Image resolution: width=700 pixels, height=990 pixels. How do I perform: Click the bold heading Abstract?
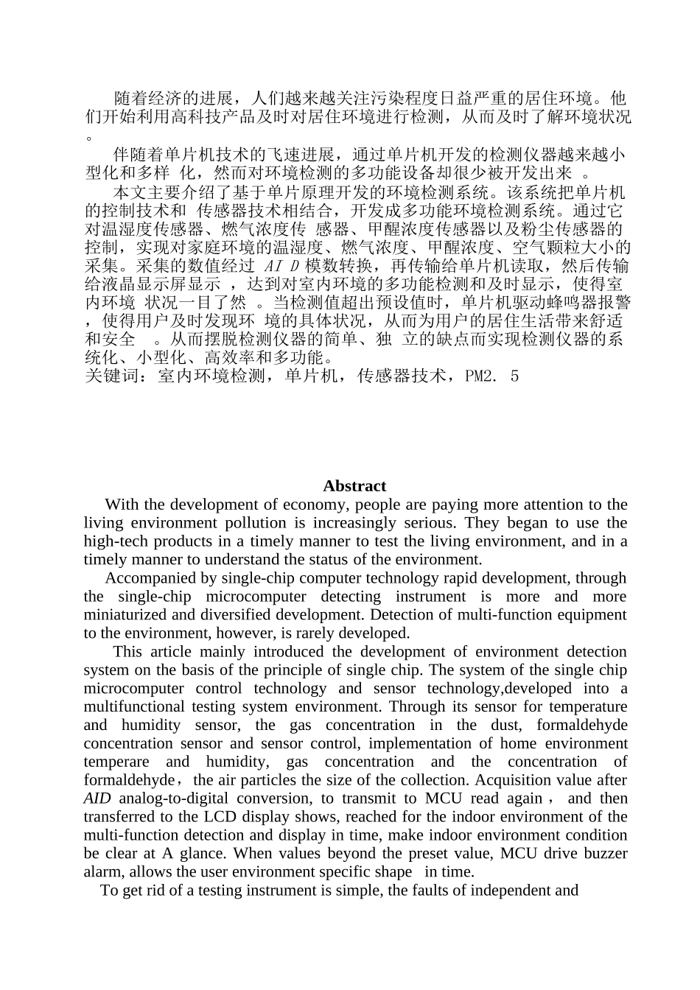coord(354,486)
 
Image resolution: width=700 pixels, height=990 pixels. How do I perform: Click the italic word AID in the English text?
coord(97,798)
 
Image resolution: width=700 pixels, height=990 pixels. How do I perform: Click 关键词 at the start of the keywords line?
coord(111,376)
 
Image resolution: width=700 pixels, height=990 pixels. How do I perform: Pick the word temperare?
coord(116,762)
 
